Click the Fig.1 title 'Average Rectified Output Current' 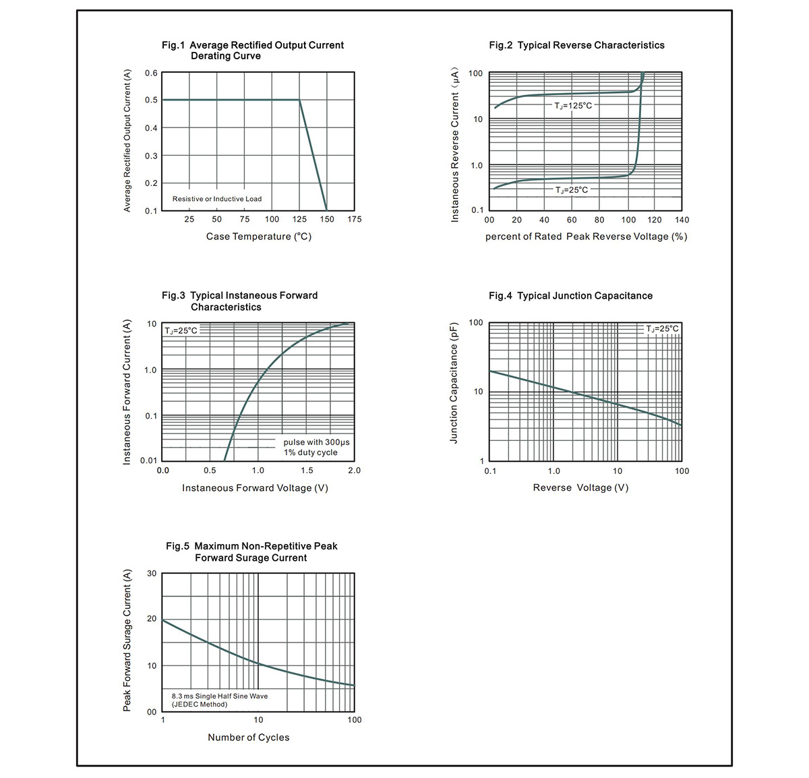tap(266, 45)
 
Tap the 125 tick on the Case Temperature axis tap(299, 219)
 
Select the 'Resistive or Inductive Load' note tap(217, 199)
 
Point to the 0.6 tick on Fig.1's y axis tap(151, 73)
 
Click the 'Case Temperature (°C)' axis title tap(259, 237)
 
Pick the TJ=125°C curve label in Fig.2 tap(573, 106)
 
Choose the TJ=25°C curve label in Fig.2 tap(572, 190)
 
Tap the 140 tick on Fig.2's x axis tap(682, 220)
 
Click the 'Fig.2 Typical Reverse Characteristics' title tap(576, 45)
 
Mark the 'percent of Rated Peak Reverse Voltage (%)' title tap(586, 237)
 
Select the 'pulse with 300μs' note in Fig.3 tap(316, 442)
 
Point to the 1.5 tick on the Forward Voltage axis tap(307, 471)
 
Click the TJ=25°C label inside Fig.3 tap(181, 330)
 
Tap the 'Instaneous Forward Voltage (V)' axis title tap(255, 487)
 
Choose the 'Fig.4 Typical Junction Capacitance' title tap(570, 296)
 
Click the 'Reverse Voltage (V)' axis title tap(580, 487)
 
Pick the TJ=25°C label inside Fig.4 tap(662, 329)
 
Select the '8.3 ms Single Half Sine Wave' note tap(220, 696)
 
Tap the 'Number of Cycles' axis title tap(249, 738)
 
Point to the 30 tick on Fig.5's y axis tap(152, 574)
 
